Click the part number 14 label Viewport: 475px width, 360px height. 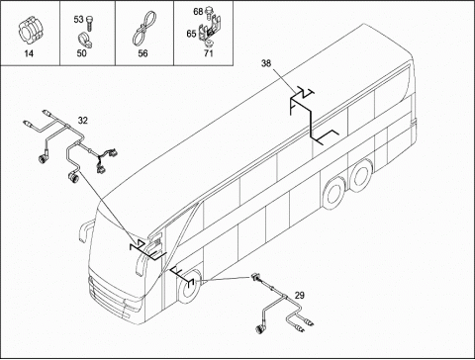29,53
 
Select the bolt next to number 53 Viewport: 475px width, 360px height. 89,23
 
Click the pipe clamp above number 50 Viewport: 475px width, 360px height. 85,39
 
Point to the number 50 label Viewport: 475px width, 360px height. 81,53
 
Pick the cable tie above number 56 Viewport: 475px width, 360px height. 143,30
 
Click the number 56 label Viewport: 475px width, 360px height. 142,53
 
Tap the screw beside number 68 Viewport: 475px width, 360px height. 209,12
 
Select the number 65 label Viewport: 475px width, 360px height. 191,34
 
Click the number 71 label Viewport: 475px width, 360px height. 209,53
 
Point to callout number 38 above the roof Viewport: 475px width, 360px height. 266,63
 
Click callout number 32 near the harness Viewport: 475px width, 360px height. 83,121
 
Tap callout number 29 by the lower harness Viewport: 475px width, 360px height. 299,296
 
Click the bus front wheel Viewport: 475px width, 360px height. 189,286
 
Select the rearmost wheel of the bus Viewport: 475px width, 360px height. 362,172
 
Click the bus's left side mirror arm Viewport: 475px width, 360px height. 84,229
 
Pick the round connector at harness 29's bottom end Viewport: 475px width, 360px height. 260,329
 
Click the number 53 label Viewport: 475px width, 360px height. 78,20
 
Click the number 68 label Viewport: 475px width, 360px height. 198,12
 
